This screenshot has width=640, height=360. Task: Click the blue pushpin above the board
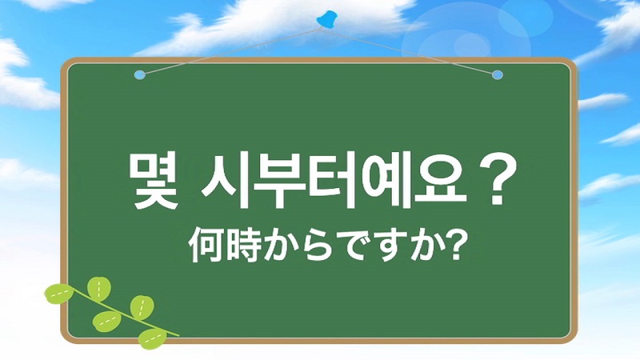point(327,20)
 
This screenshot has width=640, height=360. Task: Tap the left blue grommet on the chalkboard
point(139,75)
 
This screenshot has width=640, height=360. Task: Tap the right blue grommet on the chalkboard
point(497,75)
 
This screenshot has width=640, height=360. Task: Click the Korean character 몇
point(153,180)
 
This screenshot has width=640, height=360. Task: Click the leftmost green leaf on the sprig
point(58,294)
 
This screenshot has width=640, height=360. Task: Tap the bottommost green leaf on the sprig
point(152,338)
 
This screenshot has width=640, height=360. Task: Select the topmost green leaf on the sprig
point(99,289)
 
